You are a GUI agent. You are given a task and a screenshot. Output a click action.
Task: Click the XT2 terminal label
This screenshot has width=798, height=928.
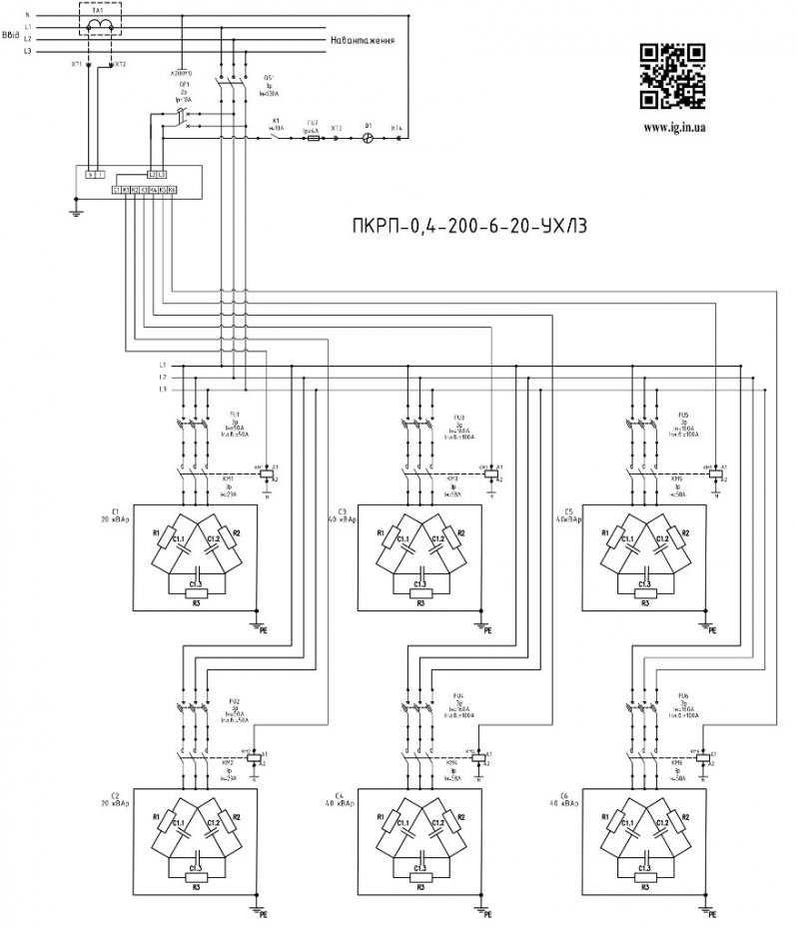[x=121, y=64]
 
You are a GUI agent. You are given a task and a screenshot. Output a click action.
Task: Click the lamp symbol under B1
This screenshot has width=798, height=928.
[x=368, y=140]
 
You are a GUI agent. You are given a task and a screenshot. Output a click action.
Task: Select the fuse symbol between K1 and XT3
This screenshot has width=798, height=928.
[x=314, y=140]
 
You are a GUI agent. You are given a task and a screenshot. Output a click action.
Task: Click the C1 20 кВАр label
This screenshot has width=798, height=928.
[x=111, y=515]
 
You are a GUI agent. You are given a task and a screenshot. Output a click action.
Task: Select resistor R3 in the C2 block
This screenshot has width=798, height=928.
[x=196, y=887]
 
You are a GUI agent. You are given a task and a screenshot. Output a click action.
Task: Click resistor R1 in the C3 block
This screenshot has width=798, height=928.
[x=381, y=532]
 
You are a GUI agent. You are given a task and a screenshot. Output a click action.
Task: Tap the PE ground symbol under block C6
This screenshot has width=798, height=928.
[x=706, y=911]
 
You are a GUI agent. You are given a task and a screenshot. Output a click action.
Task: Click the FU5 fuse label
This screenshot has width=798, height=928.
[x=683, y=414]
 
